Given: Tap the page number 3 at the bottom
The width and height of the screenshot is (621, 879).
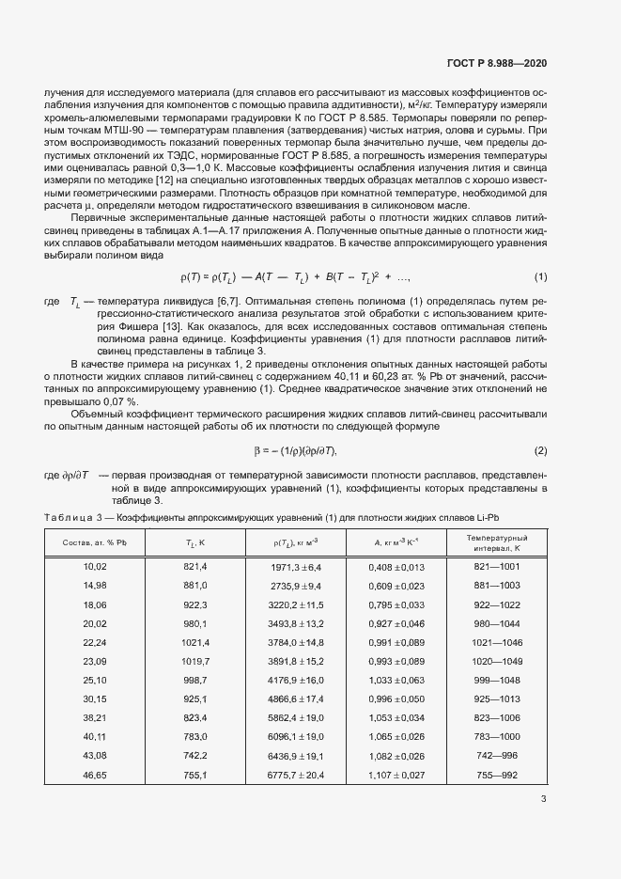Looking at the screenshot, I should click(543, 799).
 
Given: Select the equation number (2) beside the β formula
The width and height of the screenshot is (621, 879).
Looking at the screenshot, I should click(540, 450).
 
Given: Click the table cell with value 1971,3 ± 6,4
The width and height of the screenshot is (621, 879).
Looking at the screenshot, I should click(297, 567).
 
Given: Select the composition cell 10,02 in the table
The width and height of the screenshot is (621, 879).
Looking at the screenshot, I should click(96, 567).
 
